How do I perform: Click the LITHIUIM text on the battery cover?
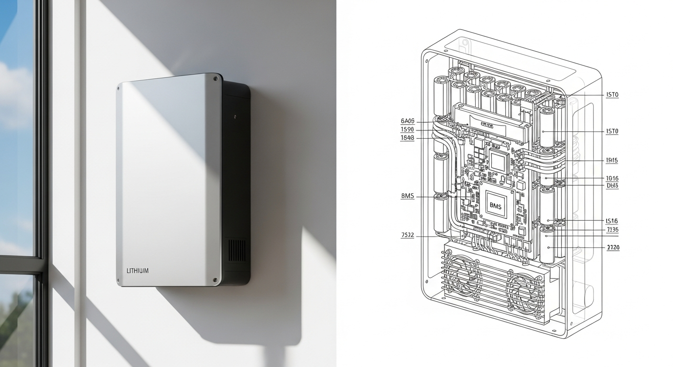tap(138, 271)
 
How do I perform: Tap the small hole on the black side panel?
tap(235, 116)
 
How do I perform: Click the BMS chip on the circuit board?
tap(494, 205)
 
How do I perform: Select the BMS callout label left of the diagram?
tap(407, 196)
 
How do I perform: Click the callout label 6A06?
tap(407, 121)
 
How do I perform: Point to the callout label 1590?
tap(407, 130)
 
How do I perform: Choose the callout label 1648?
tap(407, 138)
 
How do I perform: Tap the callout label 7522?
tap(407, 235)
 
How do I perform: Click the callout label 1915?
tap(612, 161)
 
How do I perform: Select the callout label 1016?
tap(612, 178)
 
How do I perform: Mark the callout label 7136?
tap(612, 230)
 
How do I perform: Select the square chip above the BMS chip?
tap(498, 162)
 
